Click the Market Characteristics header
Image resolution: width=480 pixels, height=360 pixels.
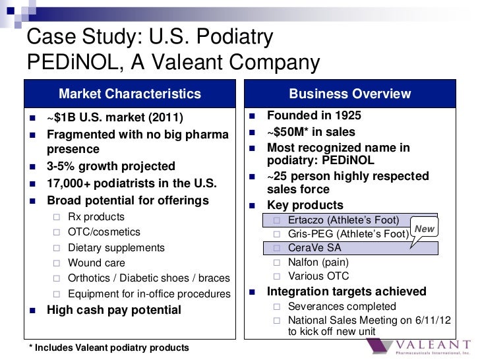coord(130,94)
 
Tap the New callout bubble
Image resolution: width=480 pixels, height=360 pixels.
coord(423,229)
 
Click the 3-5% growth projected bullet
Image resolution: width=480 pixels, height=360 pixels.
coord(109,166)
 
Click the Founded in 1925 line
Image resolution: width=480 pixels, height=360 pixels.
coord(313,116)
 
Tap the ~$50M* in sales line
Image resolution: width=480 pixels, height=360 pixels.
coord(311,132)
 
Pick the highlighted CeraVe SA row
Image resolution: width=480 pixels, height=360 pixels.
coord(316,249)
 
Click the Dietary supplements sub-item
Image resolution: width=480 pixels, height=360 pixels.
coord(116,248)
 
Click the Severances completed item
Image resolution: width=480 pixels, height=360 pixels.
coord(342,307)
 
